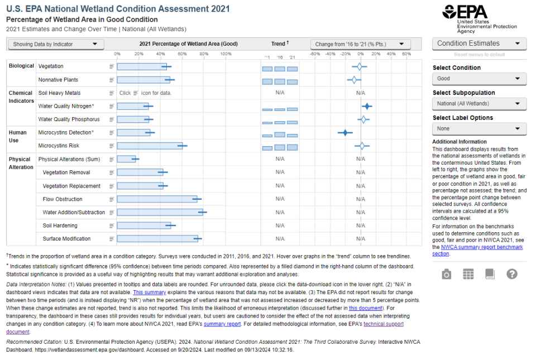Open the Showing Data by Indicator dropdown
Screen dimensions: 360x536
[55, 44]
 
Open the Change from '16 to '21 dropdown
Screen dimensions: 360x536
[360, 44]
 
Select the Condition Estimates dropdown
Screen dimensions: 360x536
[479, 44]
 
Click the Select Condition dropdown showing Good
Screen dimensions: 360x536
[479, 79]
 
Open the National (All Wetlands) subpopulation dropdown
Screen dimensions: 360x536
[479, 104]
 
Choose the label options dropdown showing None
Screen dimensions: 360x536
[479, 129]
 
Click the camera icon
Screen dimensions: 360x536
[446, 274]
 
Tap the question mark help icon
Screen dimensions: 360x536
[511, 274]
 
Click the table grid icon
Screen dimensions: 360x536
[468, 274]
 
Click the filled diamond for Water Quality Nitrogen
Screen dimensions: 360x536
[367, 106]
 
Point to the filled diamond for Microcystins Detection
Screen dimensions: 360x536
[345, 132]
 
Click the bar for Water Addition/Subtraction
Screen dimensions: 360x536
[160, 212]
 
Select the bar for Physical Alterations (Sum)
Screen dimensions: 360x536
[126, 159]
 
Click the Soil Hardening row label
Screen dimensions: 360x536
[60, 225]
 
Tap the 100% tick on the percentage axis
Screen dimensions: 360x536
[226, 54]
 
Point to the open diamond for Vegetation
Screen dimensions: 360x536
[359, 66]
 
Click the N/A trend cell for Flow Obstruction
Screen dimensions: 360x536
[280, 199]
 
